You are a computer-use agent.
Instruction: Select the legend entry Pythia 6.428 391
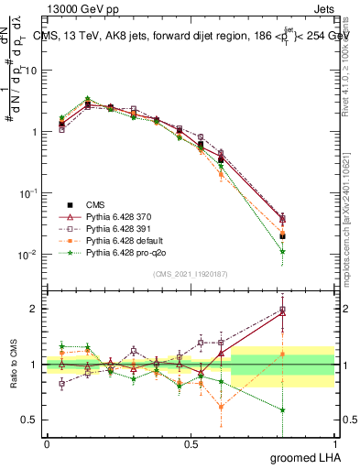click(x=116, y=225)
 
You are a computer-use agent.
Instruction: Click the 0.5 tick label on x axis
click(x=191, y=443)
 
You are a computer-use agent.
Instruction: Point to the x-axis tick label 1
click(x=334, y=443)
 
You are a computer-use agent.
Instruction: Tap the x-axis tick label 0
click(x=47, y=443)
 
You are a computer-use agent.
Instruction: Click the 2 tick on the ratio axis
click(x=35, y=309)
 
